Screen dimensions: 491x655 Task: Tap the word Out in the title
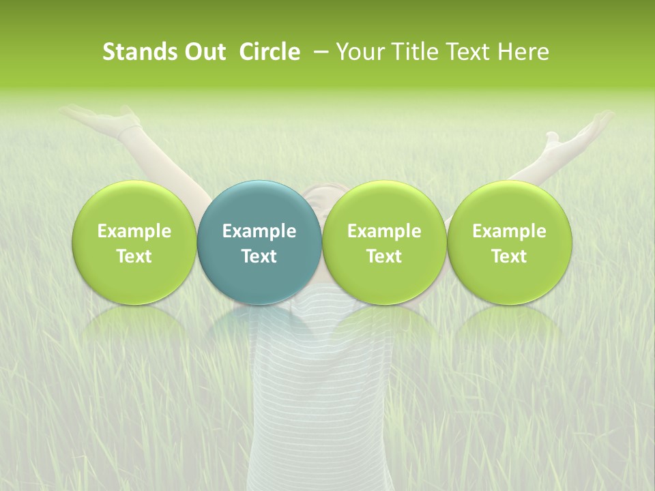click(x=203, y=52)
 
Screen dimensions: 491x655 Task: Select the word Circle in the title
click(x=269, y=52)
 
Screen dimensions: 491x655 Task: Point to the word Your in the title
click(x=359, y=52)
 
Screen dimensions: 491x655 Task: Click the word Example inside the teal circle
click(x=259, y=231)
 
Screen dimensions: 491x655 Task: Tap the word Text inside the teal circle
click(x=259, y=256)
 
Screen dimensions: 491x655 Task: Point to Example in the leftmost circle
click(x=134, y=231)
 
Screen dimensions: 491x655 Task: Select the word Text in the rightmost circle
click(x=509, y=256)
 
